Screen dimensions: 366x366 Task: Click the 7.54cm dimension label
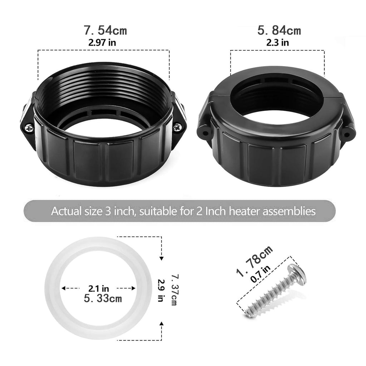pyautogui.click(x=105, y=30)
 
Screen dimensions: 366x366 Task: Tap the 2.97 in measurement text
pyautogui.click(x=102, y=43)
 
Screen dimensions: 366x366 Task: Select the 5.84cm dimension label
pyautogui.click(x=279, y=30)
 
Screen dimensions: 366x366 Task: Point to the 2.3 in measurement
pyautogui.click(x=277, y=43)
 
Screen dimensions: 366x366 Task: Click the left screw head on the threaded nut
pyautogui.click(x=29, y=128)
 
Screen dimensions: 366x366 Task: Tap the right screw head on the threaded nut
pyautogui.click(x=177, y=128)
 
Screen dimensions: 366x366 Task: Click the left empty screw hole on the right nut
pyautogui.click(x=206, y=134)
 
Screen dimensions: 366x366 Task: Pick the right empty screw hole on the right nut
pyautogui.click(x=347, y=135)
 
